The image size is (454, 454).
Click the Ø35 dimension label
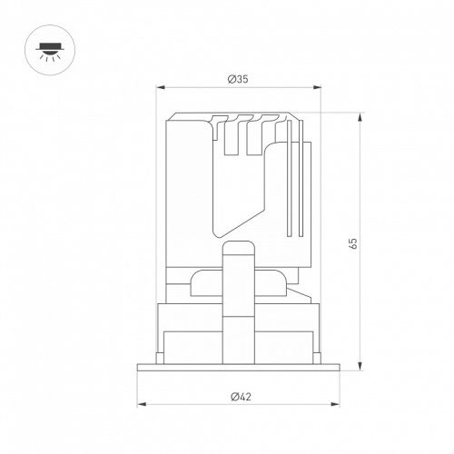[x=238, y=79]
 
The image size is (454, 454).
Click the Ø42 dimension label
[x=241, y=397]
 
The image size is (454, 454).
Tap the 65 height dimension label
[x=353, y=243]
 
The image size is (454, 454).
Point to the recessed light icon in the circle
[x=50, y=51]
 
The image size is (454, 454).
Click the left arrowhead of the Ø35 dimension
[x=160, y=87]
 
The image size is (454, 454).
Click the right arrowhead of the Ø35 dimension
[x=317, y=87]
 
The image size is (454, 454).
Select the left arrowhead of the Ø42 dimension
[x=142, y=404]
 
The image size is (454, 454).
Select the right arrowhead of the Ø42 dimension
[x=335, y=404]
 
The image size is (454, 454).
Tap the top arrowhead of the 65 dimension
[x=360, y=117]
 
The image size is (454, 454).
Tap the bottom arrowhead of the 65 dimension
[x=360, y=366]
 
